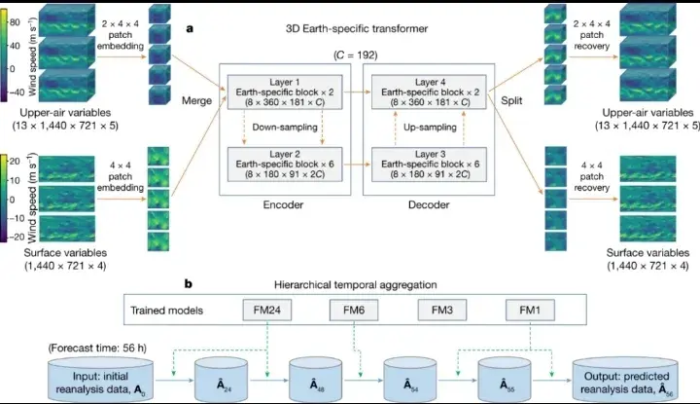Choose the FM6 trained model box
click(x=354, y=312)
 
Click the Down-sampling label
click(x=277, y=126)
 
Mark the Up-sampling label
click(x=424, y=126)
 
